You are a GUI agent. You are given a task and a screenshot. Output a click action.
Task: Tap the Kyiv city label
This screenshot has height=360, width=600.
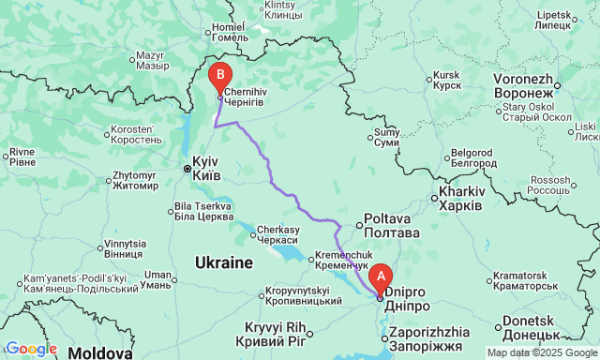pyautogui.click(x=206, y=168)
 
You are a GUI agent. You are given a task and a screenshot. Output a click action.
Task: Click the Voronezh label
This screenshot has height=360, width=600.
pyautogui.click(x=525, y=87)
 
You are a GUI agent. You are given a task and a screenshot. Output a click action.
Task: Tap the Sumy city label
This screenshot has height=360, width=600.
pyautogui.click(x=386, y=138)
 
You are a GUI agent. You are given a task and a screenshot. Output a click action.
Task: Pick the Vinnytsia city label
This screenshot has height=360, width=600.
pyautogui.click(x=125, y=248)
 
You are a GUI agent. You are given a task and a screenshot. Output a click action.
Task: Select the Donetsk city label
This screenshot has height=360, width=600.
pyautogui.click(x=531, y=327)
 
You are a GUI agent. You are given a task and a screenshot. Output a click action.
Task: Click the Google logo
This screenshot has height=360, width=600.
pyautogui.click(x=30, y=350)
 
